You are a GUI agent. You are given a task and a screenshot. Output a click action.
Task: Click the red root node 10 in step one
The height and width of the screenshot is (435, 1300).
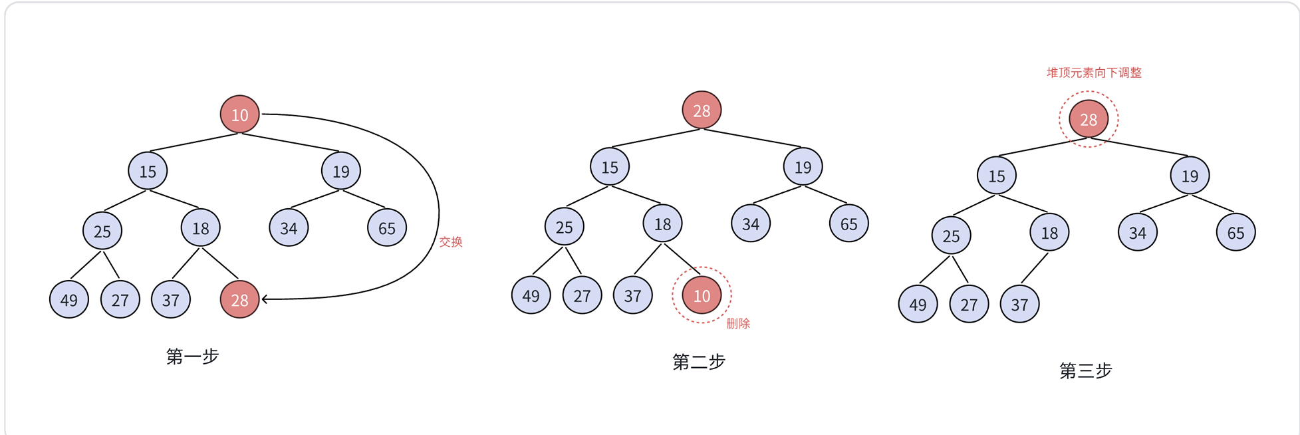pos(239,114)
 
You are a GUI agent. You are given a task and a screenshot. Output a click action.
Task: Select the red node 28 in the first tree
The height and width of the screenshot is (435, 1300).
pos(239,299)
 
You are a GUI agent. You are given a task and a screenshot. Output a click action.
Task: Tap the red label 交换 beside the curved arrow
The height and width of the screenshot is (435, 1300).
pos(450,242)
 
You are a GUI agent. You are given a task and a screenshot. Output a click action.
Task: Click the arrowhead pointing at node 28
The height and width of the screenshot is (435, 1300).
pos(265,299)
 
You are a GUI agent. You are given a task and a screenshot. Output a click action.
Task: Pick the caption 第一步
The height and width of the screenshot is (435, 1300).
pos(192,357)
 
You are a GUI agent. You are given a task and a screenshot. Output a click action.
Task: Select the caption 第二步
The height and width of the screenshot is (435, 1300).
pos(698,362)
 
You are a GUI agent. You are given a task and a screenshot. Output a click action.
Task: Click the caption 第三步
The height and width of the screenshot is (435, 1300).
pos(1085,370)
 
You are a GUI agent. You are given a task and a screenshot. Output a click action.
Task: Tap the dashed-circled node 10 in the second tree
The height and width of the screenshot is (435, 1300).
pos(702,295)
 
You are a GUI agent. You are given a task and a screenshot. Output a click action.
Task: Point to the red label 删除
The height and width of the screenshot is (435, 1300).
pos(737,324)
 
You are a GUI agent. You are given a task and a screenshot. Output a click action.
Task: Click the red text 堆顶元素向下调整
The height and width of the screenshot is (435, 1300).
pos(1094,72)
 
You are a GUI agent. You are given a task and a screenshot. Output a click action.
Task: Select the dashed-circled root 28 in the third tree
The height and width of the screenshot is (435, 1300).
pos(1088,119)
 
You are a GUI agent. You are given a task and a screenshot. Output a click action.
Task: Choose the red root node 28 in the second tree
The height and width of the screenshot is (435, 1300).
pos(702,110)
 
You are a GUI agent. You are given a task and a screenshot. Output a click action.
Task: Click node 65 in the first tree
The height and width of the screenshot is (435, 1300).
pos(386,228)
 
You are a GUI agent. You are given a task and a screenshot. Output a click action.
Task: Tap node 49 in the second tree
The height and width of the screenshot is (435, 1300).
pos(531,295)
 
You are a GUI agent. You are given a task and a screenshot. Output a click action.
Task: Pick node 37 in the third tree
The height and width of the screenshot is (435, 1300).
pos(1019,304)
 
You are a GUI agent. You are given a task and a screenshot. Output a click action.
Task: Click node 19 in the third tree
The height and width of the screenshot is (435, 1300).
pos(1190,176)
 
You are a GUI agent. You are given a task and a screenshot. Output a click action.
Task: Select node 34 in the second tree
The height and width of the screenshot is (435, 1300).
pos(750,224)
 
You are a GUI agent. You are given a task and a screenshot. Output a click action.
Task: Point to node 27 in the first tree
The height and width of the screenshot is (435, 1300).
pos(120,299)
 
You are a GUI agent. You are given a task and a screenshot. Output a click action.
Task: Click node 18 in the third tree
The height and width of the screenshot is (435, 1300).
pos(1049,233)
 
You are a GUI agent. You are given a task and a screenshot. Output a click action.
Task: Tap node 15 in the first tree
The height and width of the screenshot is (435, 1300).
pos(148,171)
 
